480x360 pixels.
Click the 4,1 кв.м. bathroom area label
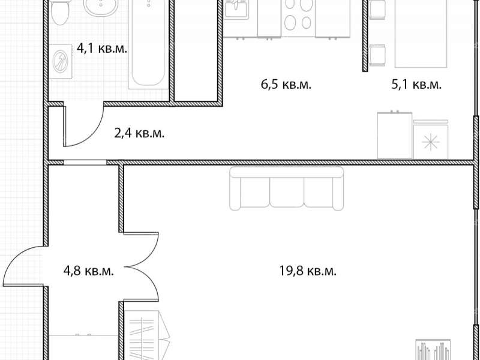[101, 49]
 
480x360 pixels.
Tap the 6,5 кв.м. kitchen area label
[286, 85]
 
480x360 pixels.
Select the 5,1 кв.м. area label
[416, 85]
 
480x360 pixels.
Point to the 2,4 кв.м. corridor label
[139, 133]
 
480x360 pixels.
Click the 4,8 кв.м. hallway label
[88, 271]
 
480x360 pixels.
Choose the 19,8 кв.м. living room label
[308, 271]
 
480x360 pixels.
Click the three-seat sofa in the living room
[287, 188]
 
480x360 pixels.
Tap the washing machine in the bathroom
[61, 61]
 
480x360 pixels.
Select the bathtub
[149, 44]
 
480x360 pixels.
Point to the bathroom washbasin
[101, 7]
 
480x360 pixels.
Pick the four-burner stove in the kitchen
[298, 19]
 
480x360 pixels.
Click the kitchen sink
[236, 9]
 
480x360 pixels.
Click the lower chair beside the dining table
[377, 55]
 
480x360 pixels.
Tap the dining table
[421, 34]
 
